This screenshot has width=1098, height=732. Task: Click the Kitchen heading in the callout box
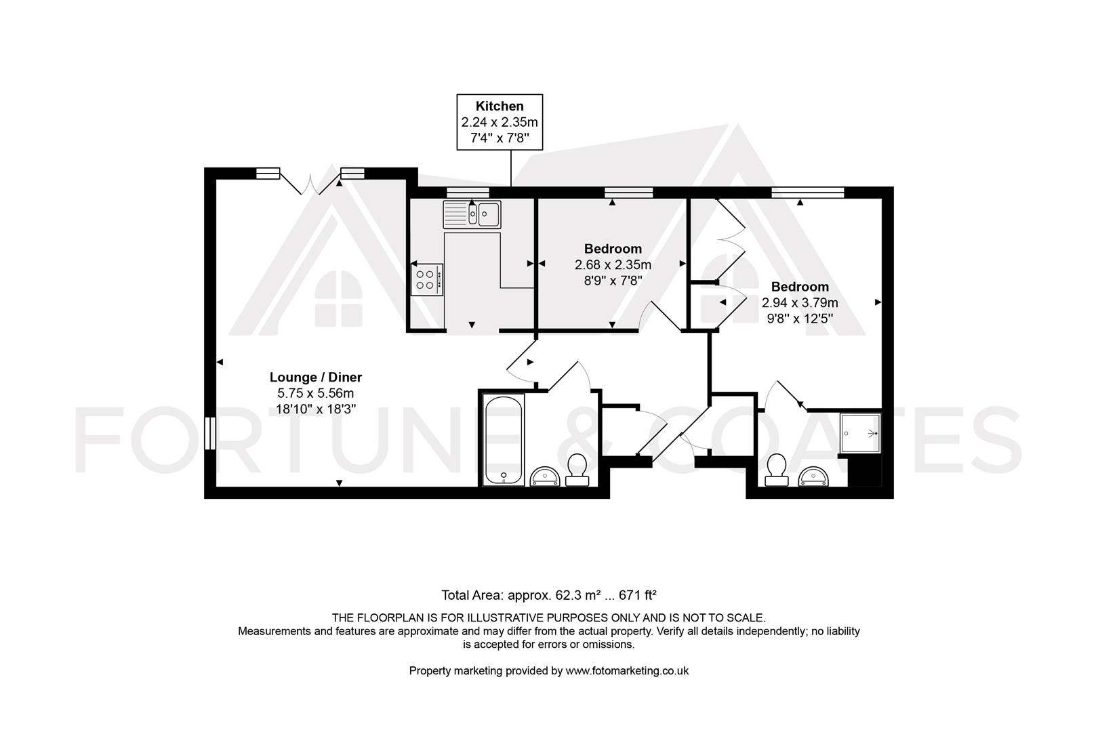[x=500, y=106]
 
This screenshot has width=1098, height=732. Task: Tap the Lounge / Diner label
[x=316, y=377]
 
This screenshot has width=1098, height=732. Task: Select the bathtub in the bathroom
[x=504, y=440]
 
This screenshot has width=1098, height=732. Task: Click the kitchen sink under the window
[x=472, y=215]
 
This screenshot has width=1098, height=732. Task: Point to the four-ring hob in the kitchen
[x=426, y=279]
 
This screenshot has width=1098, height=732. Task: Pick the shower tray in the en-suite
[x=860, y=433]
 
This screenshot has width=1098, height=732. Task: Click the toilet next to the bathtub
[x=577, y=470]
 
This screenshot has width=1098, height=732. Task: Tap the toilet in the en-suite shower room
[x=777, y=470]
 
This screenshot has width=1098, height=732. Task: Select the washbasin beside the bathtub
[x=544, y=476]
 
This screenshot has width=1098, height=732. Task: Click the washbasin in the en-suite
[x=813, y=476]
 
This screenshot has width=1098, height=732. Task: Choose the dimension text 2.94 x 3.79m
[x=800, y=302]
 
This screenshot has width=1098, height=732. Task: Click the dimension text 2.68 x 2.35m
[x=613, y=265]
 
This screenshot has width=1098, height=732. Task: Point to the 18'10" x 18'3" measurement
[x=316, y=409]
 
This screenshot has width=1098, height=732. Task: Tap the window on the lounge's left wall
[x=210, y=433]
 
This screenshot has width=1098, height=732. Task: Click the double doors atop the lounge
[x=310, y=182]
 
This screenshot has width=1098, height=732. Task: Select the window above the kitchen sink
[x=468, y=192]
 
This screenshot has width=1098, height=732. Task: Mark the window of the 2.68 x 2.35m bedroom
[x=628, y=192]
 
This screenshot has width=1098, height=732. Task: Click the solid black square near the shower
[x=865, y=470]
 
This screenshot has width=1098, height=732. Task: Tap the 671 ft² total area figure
[x=637, y=594]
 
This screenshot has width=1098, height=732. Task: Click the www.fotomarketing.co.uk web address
[x=627, y=670]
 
